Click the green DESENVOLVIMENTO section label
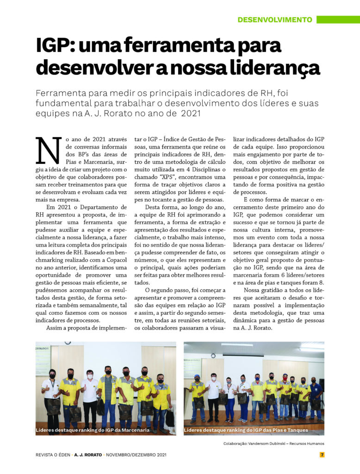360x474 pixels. (x=274, y=20)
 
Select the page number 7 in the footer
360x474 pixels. (x=322, y=455)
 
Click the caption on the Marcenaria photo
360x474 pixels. (x=93, y=430)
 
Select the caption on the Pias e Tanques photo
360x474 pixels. (x=246, y=430)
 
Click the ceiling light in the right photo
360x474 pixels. (x=237, y=345)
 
